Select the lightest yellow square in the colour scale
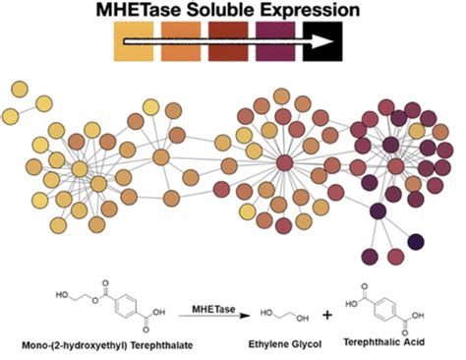click(x=136, y=43)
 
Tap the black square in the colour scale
click(x=321, y=43)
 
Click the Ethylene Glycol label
click(x=277, y=343)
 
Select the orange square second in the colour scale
click(x=183, y=43)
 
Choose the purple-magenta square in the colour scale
click(x=276, y=43)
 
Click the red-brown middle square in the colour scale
click(x=229, y=43)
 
